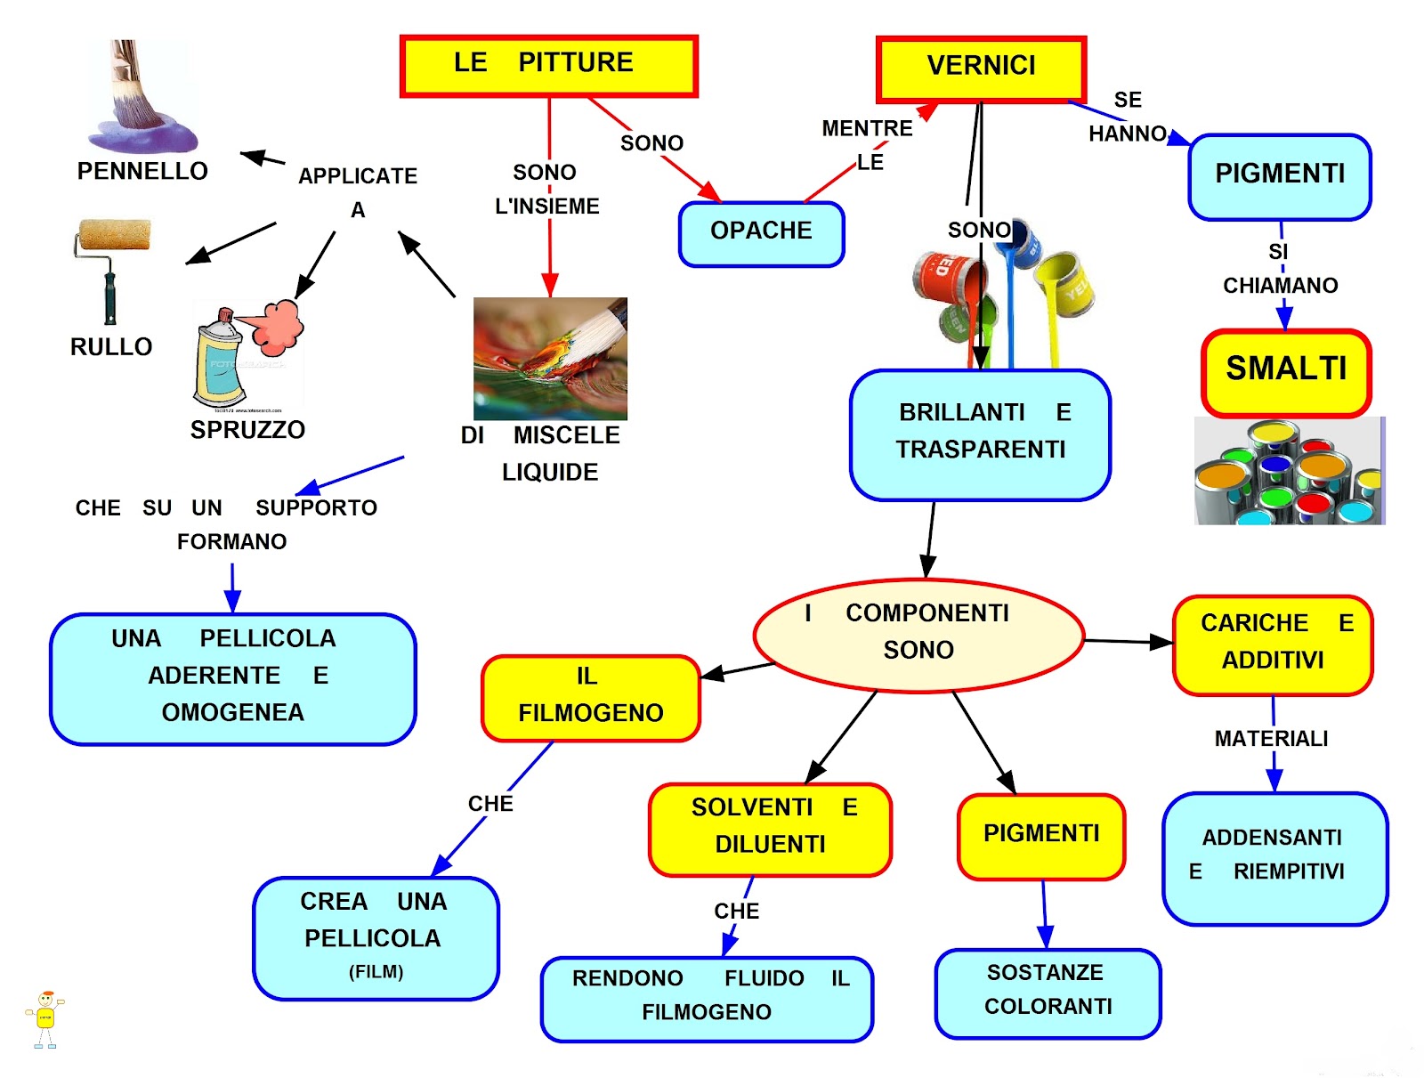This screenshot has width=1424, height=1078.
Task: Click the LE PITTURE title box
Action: click(x=548, y=65)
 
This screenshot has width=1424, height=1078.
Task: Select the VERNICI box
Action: click(x=981, y=69)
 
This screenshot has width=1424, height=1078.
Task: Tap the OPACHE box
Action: click(x=761, y=233)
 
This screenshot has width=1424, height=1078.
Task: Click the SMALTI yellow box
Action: click(x=1286, y=372)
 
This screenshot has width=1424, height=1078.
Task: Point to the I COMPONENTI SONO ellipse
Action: click(x=918, y=634)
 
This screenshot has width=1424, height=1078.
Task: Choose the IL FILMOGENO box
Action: click(x=590, y=697)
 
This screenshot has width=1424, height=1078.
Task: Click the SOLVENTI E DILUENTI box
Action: click(x=770, y=828)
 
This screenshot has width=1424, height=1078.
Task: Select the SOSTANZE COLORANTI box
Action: click(x=1048, y=992)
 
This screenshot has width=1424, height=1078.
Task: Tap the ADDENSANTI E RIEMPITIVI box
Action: click(x=1274, y=856)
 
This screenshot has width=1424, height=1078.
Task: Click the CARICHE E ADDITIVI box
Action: click(x=1273, y=644)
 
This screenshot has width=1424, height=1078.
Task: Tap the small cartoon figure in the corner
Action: click(x=45, y=1018)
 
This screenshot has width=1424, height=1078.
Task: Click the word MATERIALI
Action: click(x=1271, y=739)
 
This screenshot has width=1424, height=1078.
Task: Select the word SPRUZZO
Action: click(x=247, y=430)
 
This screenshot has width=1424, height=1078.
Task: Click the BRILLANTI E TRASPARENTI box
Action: click(x=980, y=434)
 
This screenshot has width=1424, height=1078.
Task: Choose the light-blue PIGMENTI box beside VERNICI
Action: click(x=1280, y=176)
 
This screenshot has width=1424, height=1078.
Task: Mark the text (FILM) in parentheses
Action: click(x=376, y=971)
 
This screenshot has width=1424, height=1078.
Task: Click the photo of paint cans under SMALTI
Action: click(x=1289, y=471)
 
